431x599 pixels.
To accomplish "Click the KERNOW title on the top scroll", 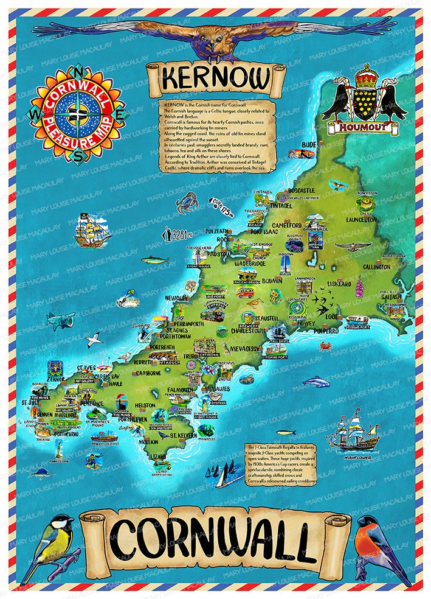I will click(x=216, y=80).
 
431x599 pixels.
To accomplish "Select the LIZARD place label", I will click(x=157, y=456).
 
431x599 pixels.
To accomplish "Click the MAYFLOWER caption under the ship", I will click(x=357, y=454).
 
